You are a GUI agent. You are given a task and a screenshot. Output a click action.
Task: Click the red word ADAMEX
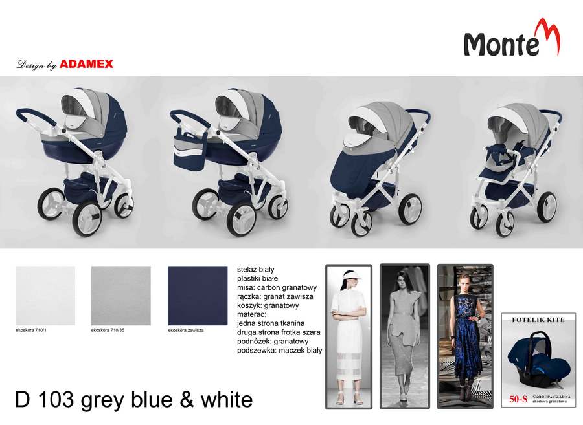pos(86,64)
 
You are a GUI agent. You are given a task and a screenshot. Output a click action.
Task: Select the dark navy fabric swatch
pos(198,296)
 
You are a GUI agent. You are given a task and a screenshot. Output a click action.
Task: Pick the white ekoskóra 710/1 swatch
pos(45,296)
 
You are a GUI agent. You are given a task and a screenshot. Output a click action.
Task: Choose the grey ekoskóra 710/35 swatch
pos(121,296)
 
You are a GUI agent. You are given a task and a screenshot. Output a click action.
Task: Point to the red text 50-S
pos(518,399)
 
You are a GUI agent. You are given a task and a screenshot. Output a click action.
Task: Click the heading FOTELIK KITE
pos(538,320)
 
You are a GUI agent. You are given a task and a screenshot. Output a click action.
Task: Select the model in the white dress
pos(349,336)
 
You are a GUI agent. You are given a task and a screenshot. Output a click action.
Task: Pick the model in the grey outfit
pos(404,336)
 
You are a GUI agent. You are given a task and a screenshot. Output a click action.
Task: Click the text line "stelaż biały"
pos(255,270)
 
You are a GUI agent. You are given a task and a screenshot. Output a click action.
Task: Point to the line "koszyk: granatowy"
pos(268,305)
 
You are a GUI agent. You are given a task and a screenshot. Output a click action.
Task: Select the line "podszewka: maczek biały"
pos(280,351)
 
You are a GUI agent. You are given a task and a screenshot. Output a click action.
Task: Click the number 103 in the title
pos(56,400)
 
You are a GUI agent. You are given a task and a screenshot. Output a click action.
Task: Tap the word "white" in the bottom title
pos(227,400)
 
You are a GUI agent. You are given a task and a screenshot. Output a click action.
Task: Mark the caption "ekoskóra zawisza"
pos(186,330)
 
